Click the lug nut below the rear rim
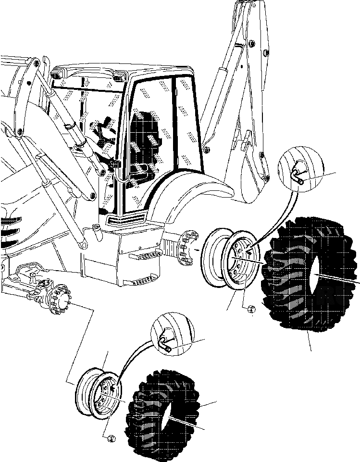coord(250,311)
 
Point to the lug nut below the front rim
coord(110,438)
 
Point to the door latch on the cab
coord(116,166)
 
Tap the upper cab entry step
coord(143,255)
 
